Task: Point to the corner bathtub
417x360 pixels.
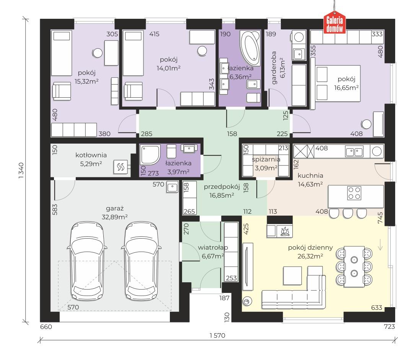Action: (250, 47)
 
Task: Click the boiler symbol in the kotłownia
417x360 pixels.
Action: (121, 167)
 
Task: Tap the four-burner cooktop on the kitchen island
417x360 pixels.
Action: (354, 193)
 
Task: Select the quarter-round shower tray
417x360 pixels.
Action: (150, 155)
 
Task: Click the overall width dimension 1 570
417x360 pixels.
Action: (217, 335)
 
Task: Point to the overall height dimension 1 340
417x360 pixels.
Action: (21, 171)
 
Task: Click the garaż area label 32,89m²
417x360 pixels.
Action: (115, 217)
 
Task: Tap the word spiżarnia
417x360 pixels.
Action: (266, 159)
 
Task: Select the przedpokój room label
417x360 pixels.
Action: (222, 187)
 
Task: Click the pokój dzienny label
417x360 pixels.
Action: (310, 248)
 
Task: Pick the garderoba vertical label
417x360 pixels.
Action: (274, 68)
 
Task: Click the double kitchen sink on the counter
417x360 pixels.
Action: (354, 152)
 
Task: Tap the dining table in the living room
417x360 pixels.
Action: (354, 267)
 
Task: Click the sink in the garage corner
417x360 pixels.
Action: (172, 187)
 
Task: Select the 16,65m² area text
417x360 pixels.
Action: (347, 88)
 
